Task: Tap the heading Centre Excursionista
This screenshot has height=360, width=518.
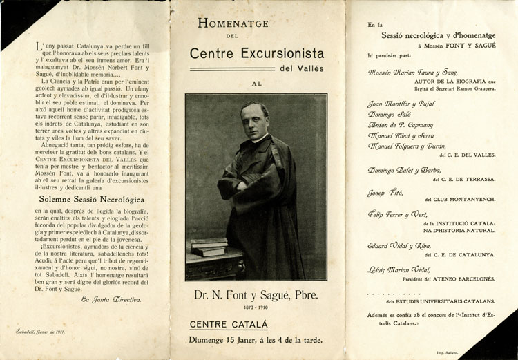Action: tap(255, 53)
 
